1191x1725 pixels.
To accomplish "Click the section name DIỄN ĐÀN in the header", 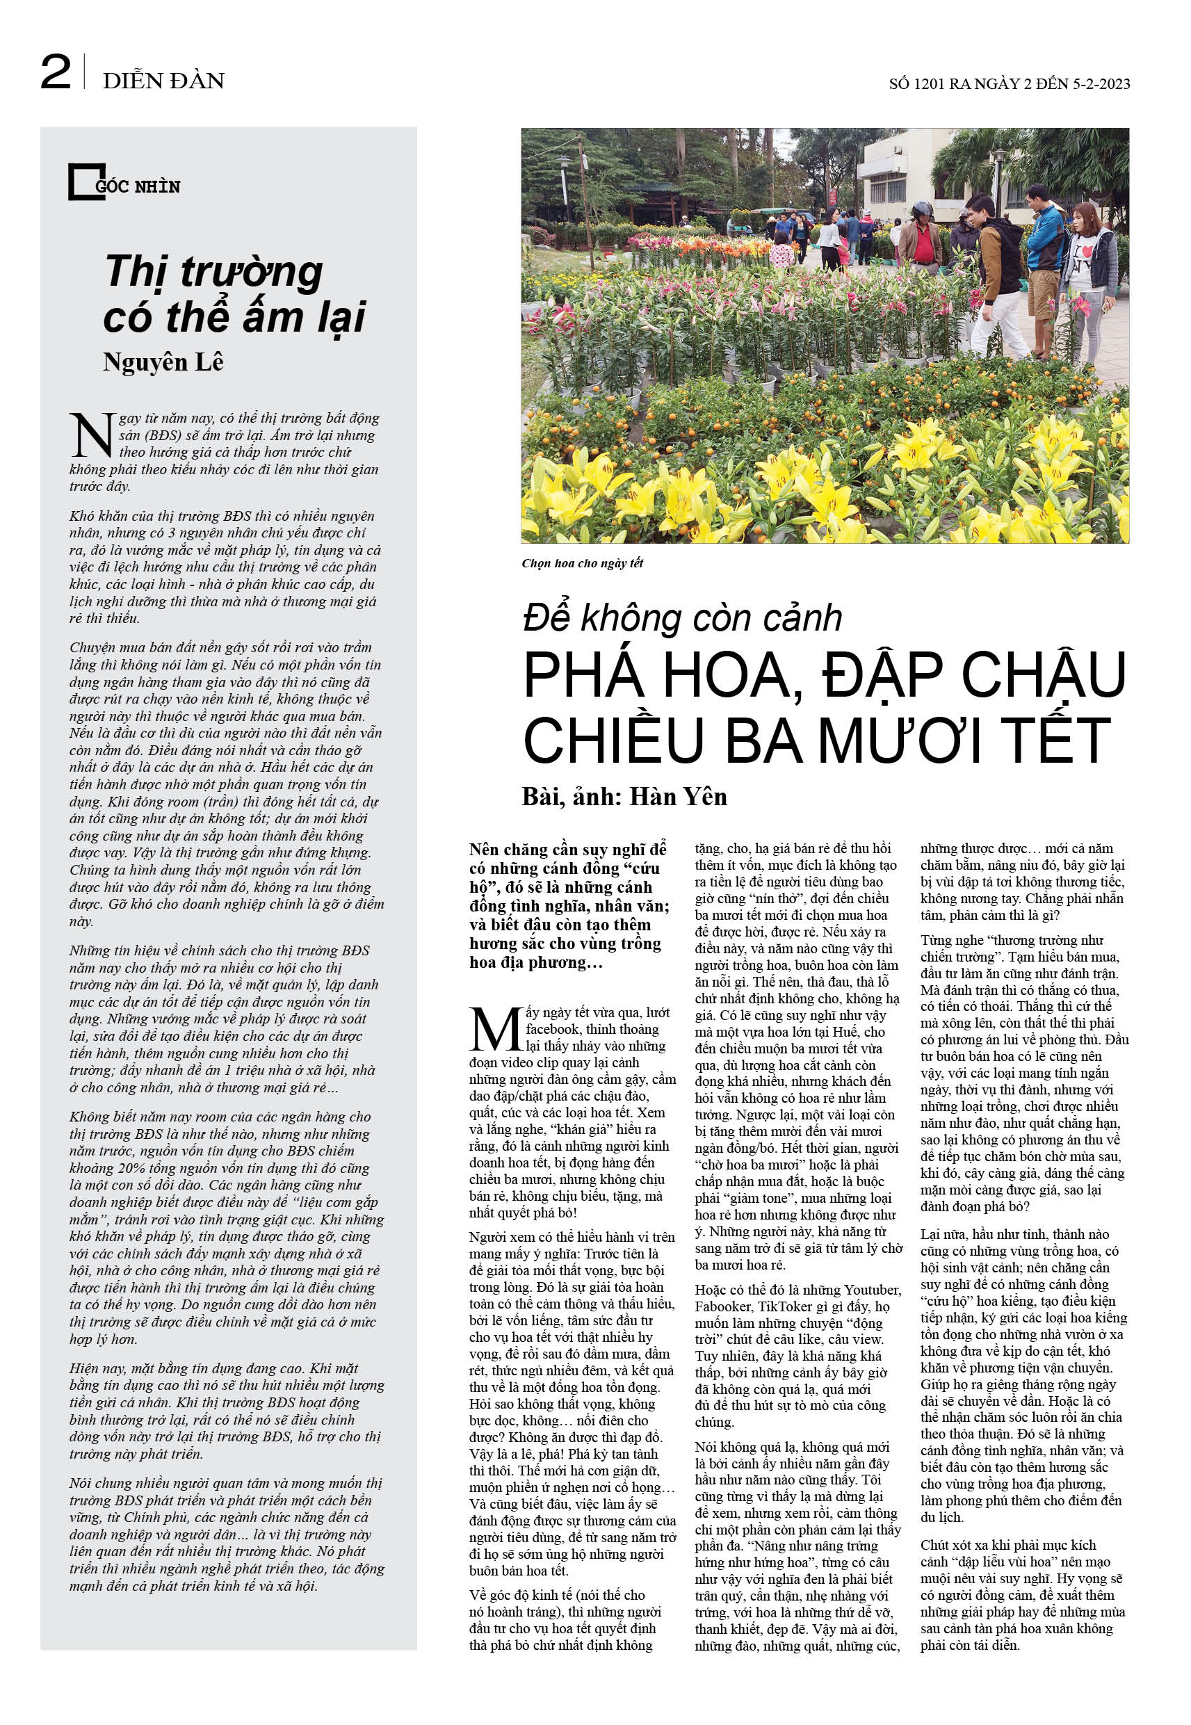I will coord(163,81).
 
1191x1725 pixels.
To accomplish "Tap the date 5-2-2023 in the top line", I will coord(1101,84).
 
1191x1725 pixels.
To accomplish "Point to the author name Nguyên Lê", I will coord(163,363).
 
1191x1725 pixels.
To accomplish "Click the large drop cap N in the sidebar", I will coord(92,436).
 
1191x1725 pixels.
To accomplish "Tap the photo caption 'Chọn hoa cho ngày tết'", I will coord(582,563).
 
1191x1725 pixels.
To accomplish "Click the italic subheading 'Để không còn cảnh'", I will coord(682,619).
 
